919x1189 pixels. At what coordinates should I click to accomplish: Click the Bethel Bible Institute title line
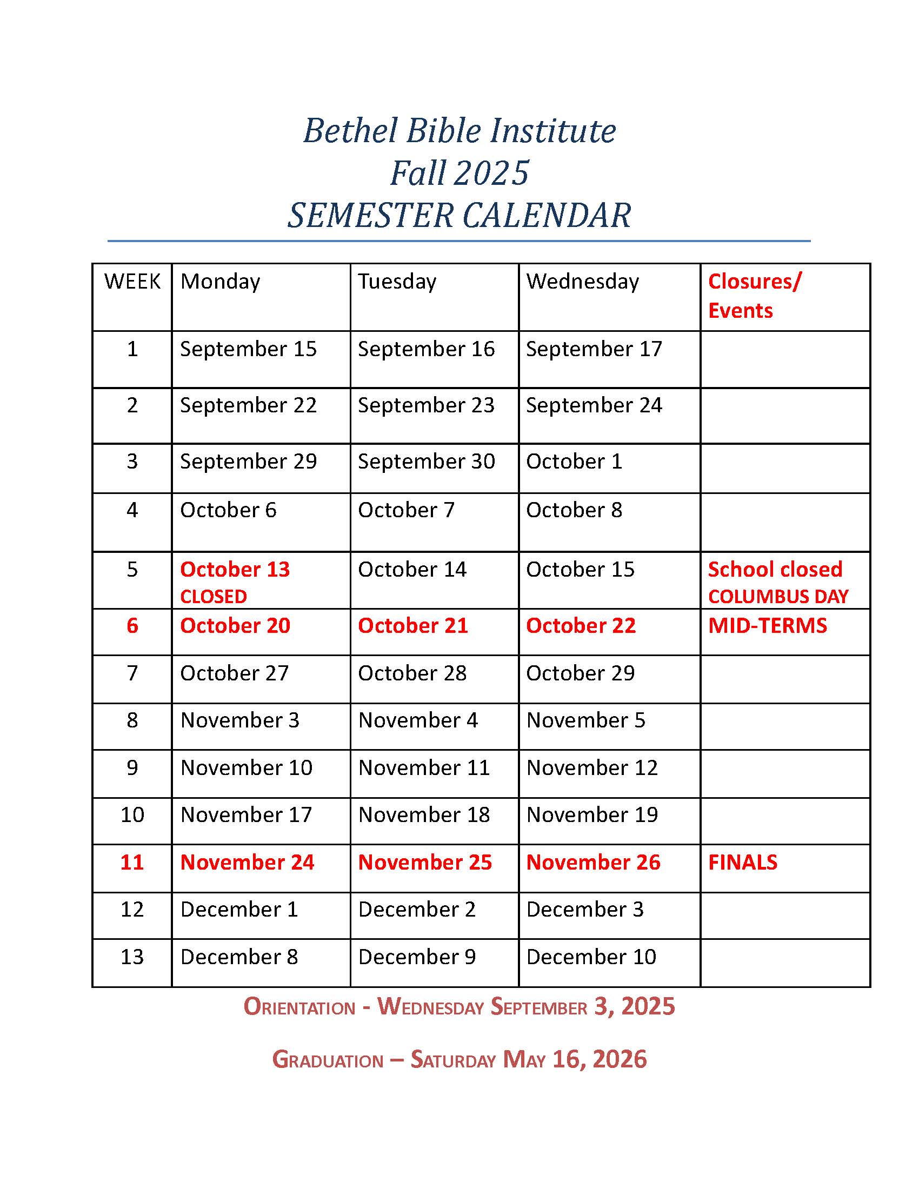point(459,131)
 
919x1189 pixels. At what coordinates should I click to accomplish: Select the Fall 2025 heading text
point(459,173)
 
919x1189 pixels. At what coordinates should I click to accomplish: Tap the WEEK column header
point(132,282)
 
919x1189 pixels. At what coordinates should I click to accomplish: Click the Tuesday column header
point(397,282)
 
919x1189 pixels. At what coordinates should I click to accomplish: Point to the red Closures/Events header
point(754,296)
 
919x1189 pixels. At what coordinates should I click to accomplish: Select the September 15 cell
point(248,349)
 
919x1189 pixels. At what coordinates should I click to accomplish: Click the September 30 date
point(427,462)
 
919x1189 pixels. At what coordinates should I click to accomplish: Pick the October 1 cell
point(574,462)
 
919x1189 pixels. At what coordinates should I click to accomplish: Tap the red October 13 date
point(235,570)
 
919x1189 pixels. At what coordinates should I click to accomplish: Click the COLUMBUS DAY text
point(778,597)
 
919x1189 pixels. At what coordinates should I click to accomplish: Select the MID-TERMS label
point(767,625)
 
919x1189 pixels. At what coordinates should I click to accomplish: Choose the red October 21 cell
point(412,625)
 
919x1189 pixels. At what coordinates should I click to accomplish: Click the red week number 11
point(132,863)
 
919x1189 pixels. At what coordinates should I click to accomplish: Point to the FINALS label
point(743,863)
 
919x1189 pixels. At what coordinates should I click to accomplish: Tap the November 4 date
point(417,720)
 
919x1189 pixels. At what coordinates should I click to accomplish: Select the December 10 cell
point(591,957)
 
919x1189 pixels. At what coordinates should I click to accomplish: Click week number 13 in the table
point(132,957)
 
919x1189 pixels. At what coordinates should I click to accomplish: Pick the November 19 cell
point(592,815)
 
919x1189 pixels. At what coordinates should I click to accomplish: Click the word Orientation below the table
point(299,1007)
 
